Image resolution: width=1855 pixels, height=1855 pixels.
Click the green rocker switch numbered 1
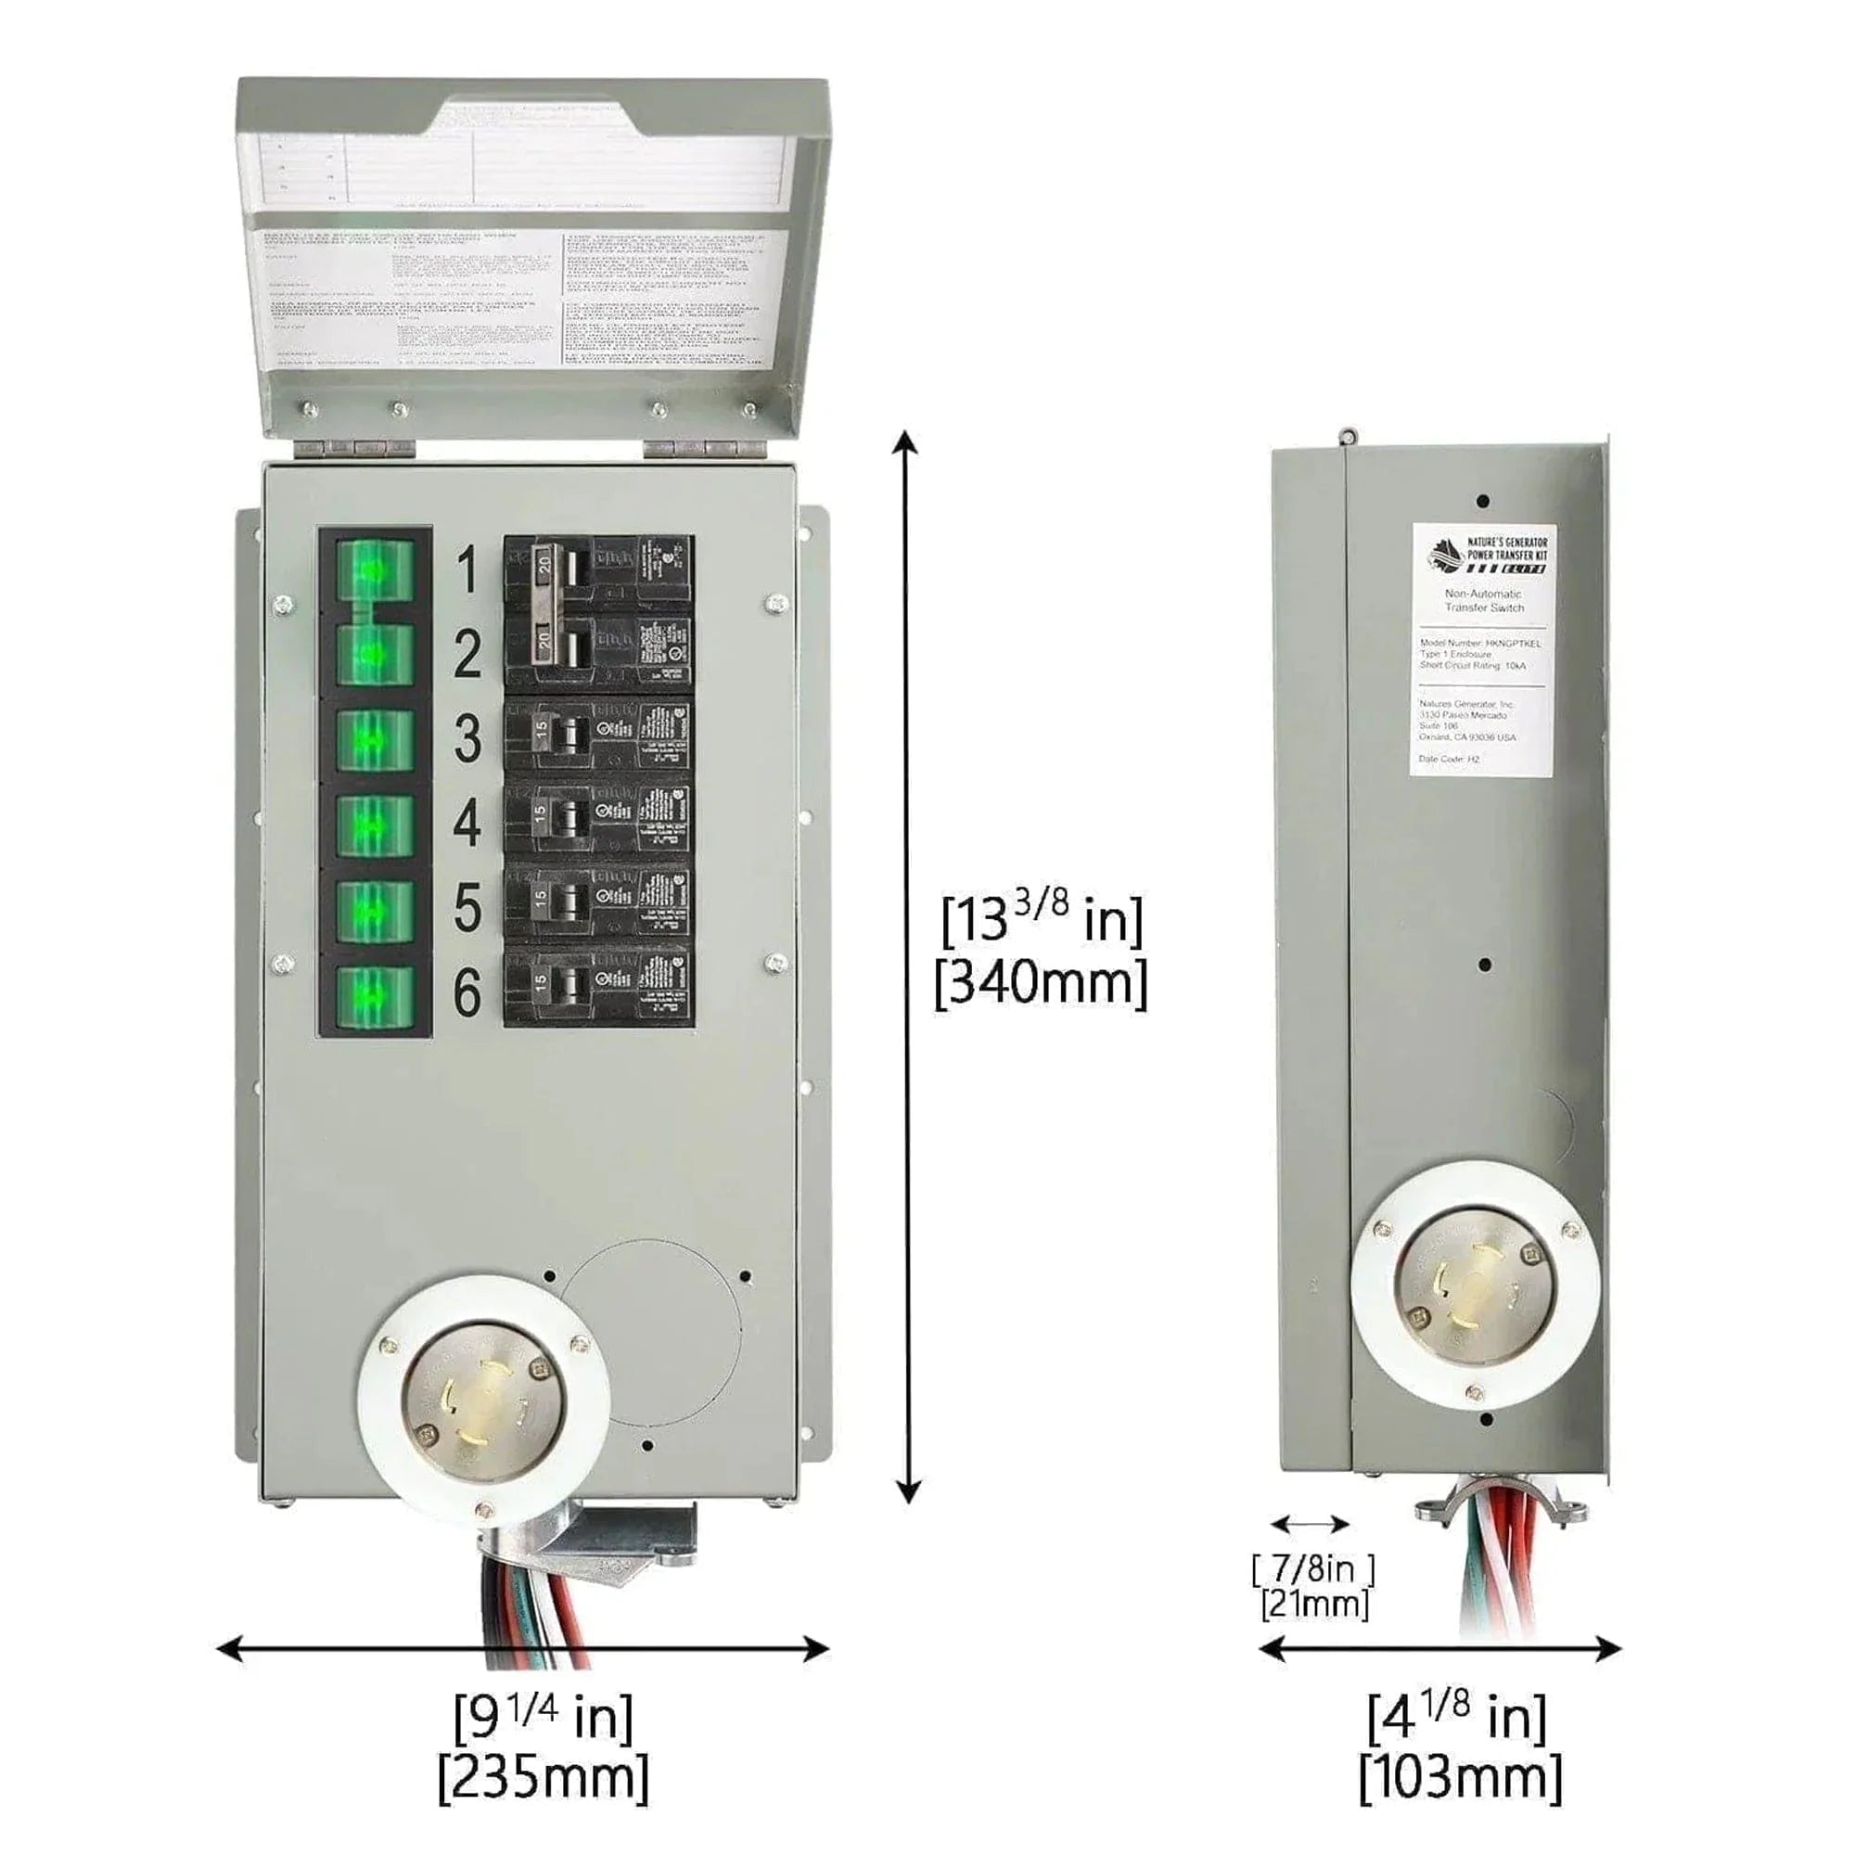(x=375, y=570)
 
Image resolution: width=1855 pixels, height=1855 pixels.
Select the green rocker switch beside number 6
(x=375, y=997)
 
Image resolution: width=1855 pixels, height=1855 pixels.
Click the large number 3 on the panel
(x=467, y=738)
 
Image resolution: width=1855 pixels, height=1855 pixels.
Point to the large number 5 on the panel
(x=467, y=907)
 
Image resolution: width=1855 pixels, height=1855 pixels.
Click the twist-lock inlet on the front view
(x=483, y=1400)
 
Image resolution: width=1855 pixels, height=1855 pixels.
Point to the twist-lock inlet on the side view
(x=1474, y=1286)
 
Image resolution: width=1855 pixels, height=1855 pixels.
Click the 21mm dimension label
(x=1313, y=1604)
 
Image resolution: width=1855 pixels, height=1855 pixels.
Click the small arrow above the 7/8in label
(x=1310, y=1524)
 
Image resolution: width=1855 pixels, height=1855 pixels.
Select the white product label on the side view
(x=1482, y=650)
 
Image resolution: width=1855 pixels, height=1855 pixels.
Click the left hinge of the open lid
(x=356, y=448)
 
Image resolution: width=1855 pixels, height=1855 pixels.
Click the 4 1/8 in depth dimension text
(x=1457, y=1717)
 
